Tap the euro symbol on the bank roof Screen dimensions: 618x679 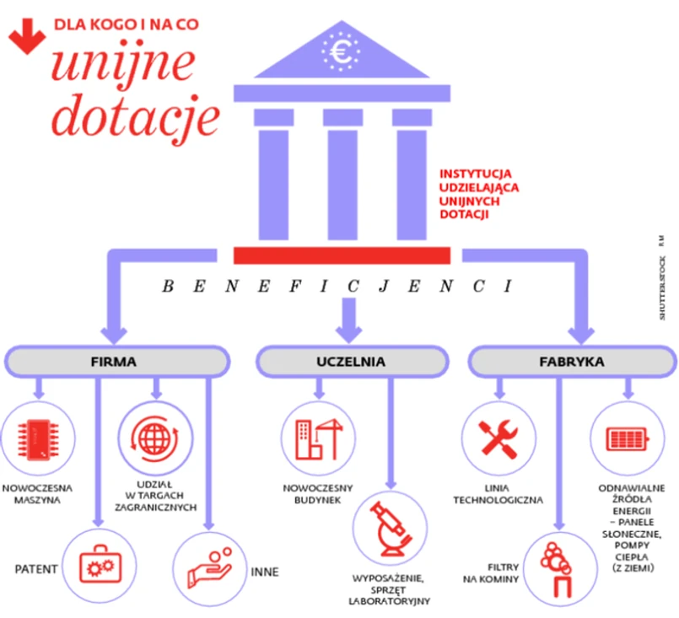click(342, 53)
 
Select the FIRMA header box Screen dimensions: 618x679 click(113, 362)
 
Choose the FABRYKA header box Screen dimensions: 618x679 click(571, 362)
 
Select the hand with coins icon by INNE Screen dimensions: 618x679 click(209, 567)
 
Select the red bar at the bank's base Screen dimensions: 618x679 click(342, 255)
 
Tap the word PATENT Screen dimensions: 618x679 click(36, 569)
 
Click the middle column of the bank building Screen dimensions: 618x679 click(342, 172)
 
